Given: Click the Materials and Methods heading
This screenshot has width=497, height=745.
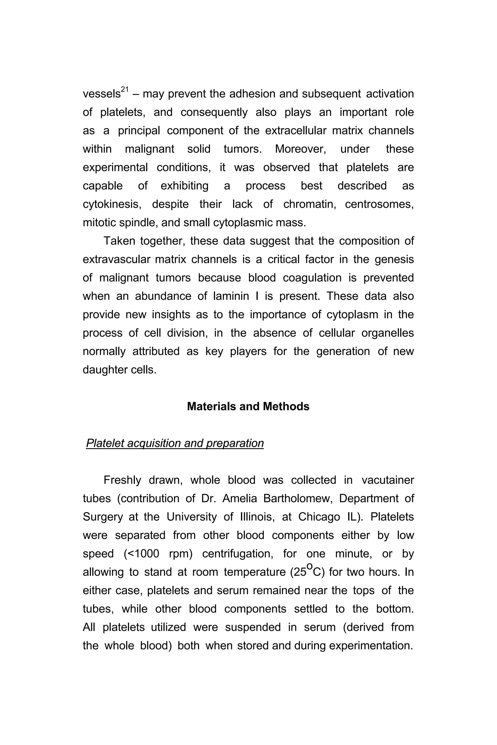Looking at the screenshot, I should point(248,406).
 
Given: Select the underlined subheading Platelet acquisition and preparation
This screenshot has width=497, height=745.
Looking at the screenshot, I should point(175,443).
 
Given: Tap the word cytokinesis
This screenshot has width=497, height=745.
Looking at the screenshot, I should point(112,204).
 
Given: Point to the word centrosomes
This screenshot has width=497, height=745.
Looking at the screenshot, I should point(379,204).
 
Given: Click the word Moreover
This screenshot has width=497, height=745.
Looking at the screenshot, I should point(300,149).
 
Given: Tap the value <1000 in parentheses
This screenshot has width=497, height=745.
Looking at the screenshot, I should point(144,554).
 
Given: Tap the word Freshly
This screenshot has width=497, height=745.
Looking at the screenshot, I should point(122,480).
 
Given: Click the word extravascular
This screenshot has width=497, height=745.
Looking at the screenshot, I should point(115,259).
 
